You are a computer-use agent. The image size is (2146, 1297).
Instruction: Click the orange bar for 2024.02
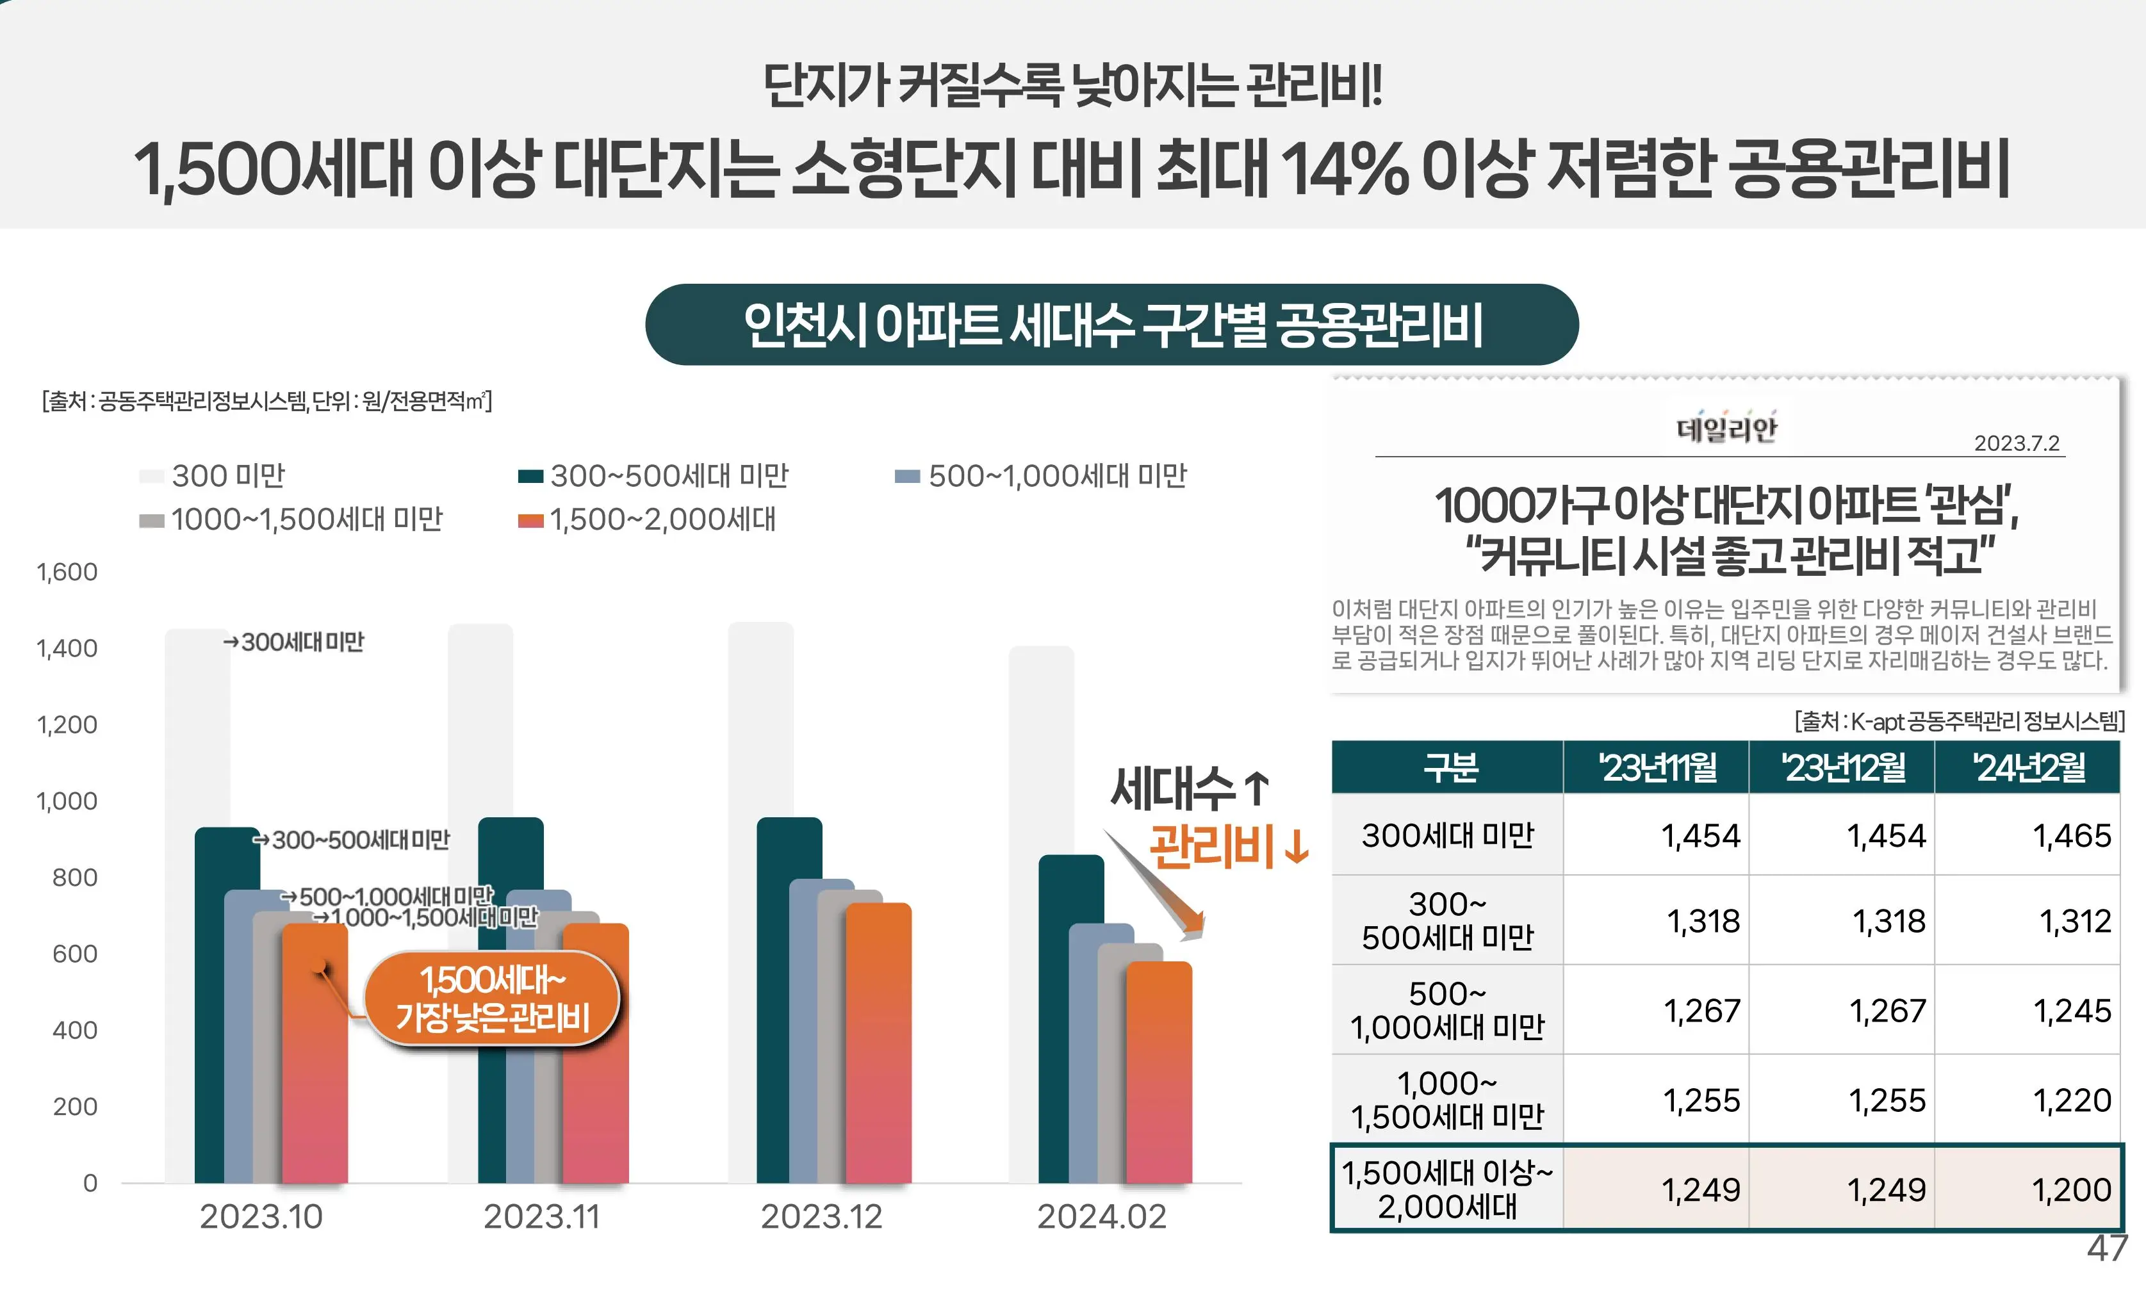point(1159,1072)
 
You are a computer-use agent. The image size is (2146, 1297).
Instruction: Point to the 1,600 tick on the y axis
point(67,573)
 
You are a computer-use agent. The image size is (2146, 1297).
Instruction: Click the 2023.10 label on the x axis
point(261,1217)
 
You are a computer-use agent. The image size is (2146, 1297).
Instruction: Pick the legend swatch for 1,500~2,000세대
point(530,521)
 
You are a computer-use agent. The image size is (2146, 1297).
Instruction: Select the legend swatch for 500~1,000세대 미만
point(908,477)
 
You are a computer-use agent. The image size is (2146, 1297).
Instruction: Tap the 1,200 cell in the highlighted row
point(2071,1190)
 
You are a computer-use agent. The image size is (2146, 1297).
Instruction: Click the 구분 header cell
point(1448,768)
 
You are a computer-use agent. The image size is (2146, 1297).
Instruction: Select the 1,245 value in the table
point(2071,1011)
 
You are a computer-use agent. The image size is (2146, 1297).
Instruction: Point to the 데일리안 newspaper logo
point(1726,428)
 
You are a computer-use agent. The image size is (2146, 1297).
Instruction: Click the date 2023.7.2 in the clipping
point(2015,443)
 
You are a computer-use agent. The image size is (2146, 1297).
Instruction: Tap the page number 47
point(2107,1249)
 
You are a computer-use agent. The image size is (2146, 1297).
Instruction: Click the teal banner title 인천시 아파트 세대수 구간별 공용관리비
point(1111,325)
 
